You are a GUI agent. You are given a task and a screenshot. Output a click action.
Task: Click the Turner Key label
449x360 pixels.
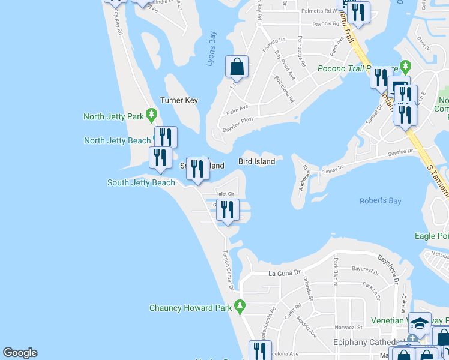[x=179, y=100]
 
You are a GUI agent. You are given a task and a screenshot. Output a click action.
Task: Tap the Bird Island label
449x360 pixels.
[x=256, y=161]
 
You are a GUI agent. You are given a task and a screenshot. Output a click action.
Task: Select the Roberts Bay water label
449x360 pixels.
[x=380, y=201]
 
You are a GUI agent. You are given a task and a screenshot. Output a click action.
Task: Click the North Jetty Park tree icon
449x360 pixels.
[x=151, y=113]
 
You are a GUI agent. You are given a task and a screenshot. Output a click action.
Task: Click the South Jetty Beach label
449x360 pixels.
[x=141, y=182]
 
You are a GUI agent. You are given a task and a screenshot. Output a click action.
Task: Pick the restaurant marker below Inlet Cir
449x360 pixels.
[x=227, y=211]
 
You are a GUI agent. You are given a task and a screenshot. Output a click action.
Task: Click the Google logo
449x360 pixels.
[x=20, y=353]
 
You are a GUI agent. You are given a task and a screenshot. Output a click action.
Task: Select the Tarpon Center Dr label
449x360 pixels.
[x=228, y=270]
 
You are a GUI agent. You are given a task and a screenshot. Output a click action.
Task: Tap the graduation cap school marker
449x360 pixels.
[x=420, y=323]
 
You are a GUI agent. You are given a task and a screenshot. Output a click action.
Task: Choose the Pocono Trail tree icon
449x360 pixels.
[x=405, y=65]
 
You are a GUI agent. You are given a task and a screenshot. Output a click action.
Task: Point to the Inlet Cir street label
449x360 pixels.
[x=225, y=194]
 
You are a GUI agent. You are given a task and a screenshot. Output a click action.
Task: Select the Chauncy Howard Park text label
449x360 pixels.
[x=191, y=308]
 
